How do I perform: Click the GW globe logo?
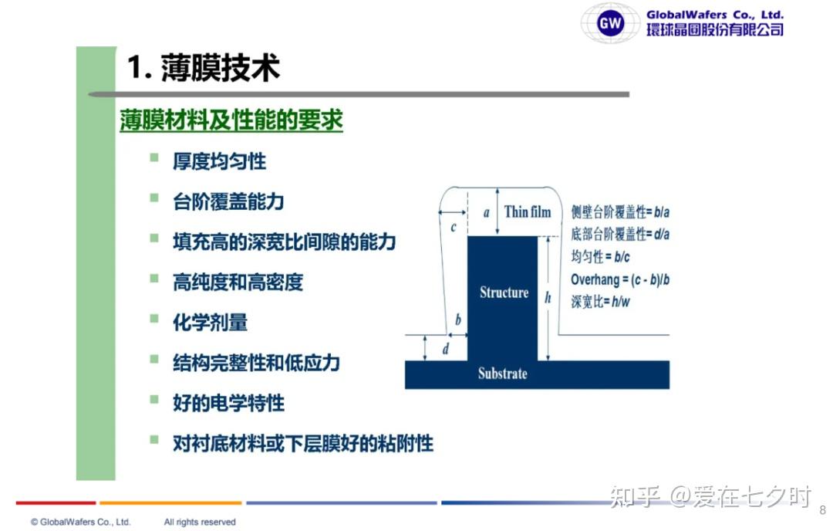pos(610,23)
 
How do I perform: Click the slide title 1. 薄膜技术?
pos(204,68)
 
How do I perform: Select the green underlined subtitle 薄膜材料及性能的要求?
pos(231,120)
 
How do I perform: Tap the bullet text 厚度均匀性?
pos(219,161)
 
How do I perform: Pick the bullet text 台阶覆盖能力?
pos(228,201)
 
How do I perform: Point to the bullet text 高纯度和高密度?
pos(238,282)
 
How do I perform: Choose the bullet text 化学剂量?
pos(211,323)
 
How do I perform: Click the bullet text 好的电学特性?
pos(228,403)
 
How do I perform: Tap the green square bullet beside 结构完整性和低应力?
pos(154,359)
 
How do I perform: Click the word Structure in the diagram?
pos(504,293)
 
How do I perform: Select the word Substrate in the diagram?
pos(503,374)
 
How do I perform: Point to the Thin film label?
pos(528,212)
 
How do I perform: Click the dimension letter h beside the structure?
pos(548,298)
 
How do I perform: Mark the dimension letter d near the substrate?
pos(445,349)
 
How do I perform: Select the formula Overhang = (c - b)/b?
pos(620,279)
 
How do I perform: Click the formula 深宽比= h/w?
pos(600,302)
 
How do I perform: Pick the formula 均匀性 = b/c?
pos(600,257)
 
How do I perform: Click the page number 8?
pos(823,510)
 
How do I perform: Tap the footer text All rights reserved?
pos(200,522)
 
